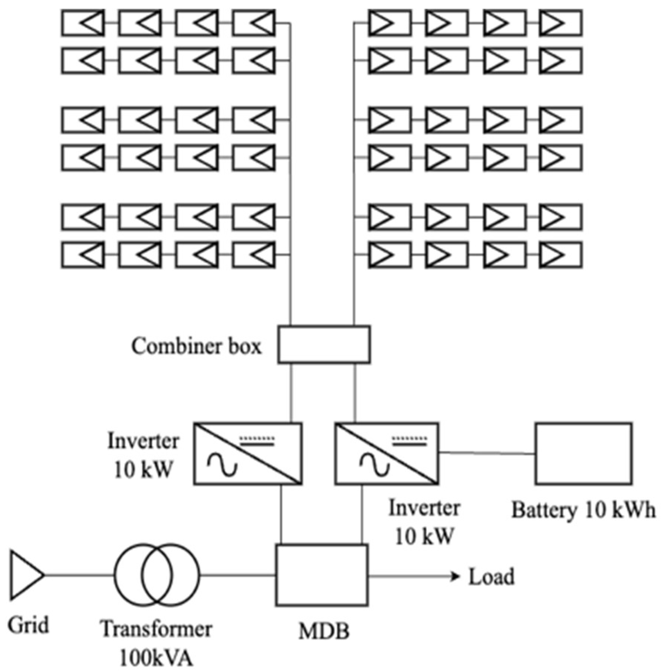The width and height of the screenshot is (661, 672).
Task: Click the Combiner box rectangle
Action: click(x=324, y=344)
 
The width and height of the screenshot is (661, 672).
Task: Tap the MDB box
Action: click(x=322, y=575)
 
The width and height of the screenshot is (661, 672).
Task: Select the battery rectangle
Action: click(x=583, y=454)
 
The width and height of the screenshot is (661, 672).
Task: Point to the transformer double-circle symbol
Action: click(x=156, y=575)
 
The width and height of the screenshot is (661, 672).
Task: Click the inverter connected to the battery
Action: click(x=386, y=454)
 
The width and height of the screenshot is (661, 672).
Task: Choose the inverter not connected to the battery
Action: click(x=248, y=454)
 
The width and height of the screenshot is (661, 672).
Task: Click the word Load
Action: click(x=491, y=577)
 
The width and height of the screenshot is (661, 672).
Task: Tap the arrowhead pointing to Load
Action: click(x=455, y=576)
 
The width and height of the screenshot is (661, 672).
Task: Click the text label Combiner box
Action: click(x=196, y=346)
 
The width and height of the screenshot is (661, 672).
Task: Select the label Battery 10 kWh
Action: click(x=583, y=510)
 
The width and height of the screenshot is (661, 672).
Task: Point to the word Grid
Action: click(x=28, y=625)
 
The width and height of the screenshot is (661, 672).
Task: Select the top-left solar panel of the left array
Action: click(x=83, y=23)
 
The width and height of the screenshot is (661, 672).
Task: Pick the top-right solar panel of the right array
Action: click(x=560, y=23)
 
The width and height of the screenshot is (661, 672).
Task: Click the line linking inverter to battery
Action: click(x=487, y=453)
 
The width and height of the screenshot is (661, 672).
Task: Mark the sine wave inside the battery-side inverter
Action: click(x=375, y=464)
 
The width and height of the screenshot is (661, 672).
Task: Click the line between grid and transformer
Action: click(x=79, y=575)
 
